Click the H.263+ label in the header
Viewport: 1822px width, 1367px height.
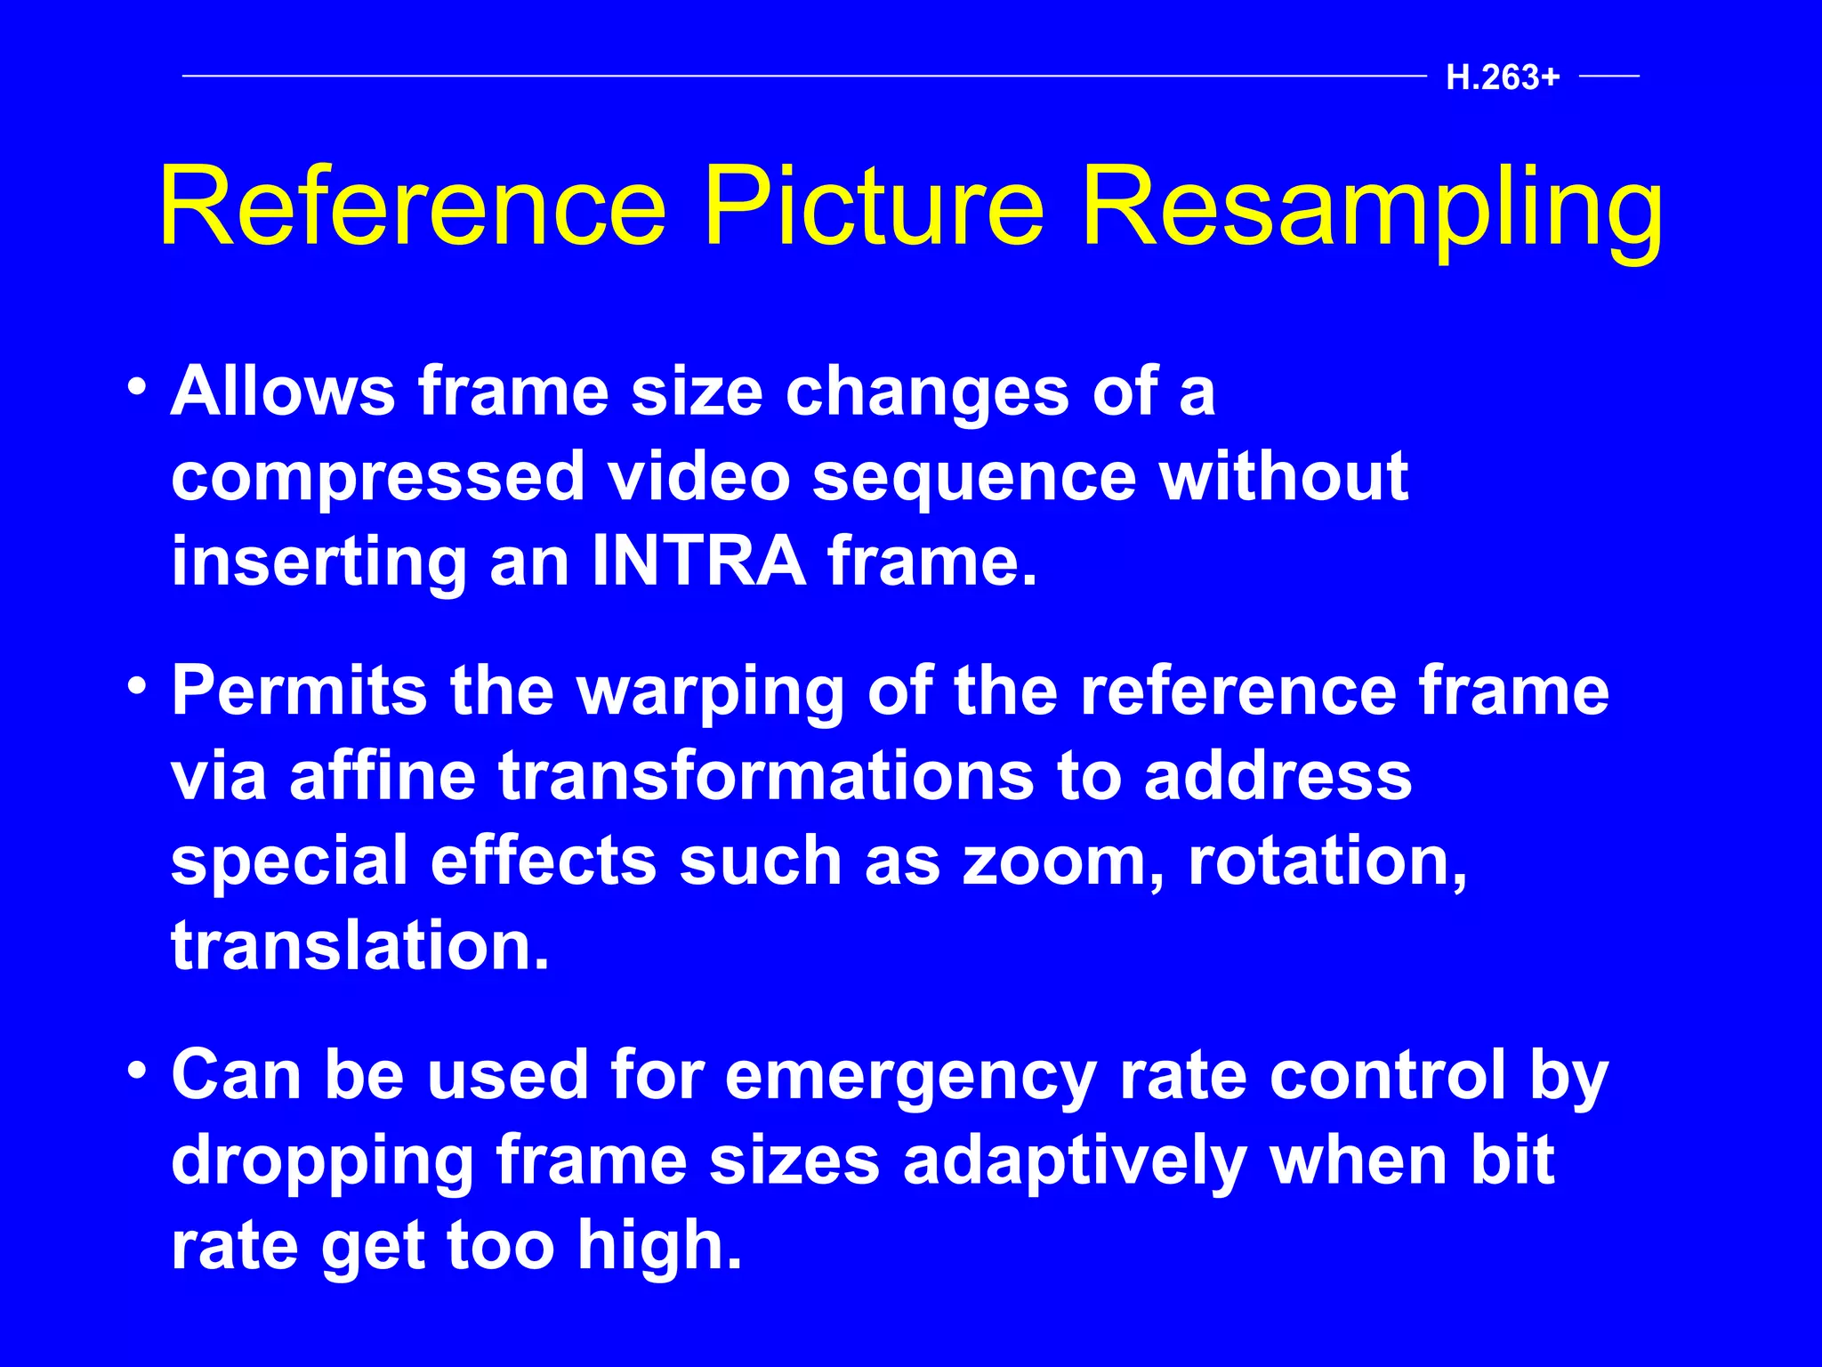(x=1503, y=78)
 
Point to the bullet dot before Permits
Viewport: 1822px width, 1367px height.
(x=136, y=686)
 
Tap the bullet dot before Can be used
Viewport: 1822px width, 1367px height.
(x=136, y=1071)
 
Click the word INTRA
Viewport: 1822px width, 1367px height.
(x=698, y=562)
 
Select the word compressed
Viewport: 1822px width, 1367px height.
(x=378, y=478)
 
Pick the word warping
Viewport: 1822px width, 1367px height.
(x=711, y=693)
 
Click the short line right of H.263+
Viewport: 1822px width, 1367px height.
(x=1609, y=77)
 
